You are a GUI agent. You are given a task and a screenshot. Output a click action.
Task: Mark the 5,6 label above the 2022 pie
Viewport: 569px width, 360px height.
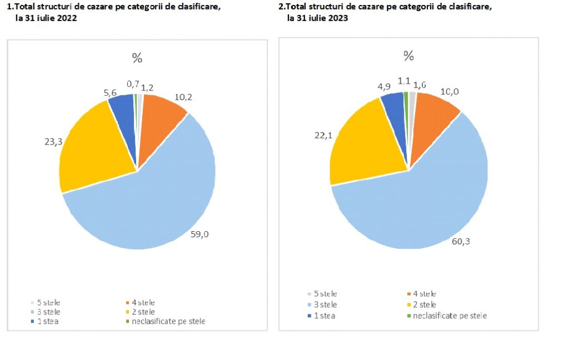pos(109,87)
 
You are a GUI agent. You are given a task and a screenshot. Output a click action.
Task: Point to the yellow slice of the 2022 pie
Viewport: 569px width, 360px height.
pos(94,150)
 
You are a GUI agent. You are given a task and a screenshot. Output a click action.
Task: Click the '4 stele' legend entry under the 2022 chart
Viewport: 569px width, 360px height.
pos(143,303)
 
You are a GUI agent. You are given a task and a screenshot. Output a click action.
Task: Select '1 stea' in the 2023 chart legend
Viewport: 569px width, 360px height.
pos(325,316)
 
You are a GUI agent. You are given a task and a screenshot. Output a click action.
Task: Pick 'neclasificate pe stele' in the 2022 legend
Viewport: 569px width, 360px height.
pos(168,321)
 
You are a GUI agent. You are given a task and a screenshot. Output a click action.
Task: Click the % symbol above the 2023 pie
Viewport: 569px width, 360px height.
pos(408,56)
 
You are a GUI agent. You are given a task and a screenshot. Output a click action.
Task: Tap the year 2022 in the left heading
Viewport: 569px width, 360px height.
pos(66,18)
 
